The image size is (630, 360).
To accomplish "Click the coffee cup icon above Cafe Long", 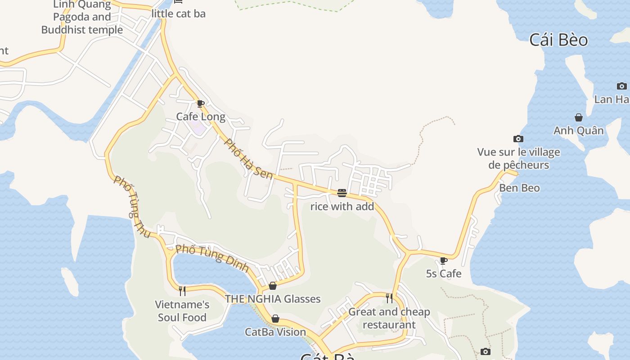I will tap(201, 104).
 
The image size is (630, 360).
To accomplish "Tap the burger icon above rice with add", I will tap(342, 193).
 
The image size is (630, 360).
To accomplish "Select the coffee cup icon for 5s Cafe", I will tap(444, 261).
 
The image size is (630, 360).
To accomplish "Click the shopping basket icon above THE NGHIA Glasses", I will tap(273, 286).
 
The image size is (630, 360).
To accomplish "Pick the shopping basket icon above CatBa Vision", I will tap(275, 319).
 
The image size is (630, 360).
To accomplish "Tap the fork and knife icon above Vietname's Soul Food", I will tap(182, 291).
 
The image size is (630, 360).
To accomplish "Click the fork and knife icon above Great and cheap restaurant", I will tap(389, 298).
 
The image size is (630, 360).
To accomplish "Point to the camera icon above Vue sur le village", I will tap(518, 139).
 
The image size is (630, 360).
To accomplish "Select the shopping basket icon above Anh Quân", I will tap(579, 117).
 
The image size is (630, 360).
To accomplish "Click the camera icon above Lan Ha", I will tap(622, 86).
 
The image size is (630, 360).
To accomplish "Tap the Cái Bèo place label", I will tap(558, 40).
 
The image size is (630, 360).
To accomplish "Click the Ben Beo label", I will tap(519, 188).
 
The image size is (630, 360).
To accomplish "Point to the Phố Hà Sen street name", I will tap(249, 159).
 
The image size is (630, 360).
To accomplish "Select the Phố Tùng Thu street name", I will tap(132, 207).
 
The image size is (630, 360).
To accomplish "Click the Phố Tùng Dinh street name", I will tap(212, 258).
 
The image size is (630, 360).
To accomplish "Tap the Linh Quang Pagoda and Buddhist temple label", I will tap(82, 18).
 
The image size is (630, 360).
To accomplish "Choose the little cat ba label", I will tap(179, 14).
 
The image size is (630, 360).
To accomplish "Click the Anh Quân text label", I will tap(578, 130).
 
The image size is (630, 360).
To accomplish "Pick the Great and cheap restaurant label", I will tap(389, 318).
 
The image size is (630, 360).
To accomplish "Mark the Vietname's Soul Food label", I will tap(182, 311).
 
